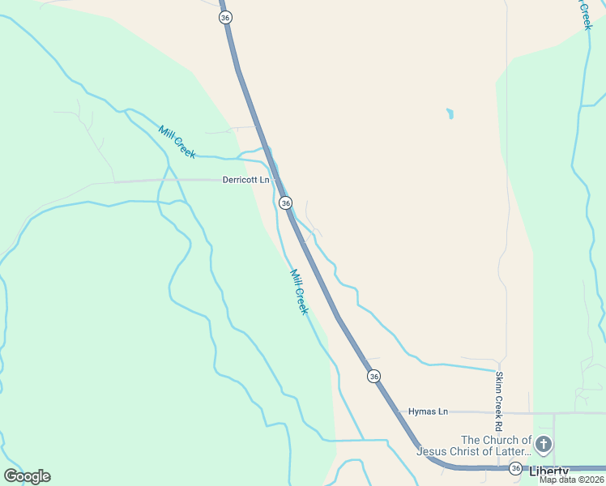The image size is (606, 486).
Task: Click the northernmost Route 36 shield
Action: click(x=225, y=17)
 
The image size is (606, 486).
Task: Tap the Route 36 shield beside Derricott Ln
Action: click(x=285, y=202)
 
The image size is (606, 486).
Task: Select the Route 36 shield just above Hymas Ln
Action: click(x=373, y=376)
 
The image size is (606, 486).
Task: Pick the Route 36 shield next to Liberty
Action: click(x=515, y=468)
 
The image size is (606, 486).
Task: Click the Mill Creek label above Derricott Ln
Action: click(x=177, y=143)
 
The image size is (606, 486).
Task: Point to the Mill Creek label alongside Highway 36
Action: click(x=299, y=292)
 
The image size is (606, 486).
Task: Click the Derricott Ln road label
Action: click(x=245, y=180)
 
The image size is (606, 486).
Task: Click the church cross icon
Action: click(x=544, y=444)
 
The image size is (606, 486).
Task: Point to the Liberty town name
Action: click(x=550, y=471)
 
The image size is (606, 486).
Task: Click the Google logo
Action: click(x=27, y=476)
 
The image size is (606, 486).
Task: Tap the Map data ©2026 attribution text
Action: click(x=571, y=480)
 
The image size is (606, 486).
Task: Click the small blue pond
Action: click(x=449, y=114)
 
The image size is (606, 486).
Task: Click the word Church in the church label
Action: click(x=499, y=440)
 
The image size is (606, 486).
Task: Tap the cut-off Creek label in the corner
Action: click(x=585, y=15)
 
